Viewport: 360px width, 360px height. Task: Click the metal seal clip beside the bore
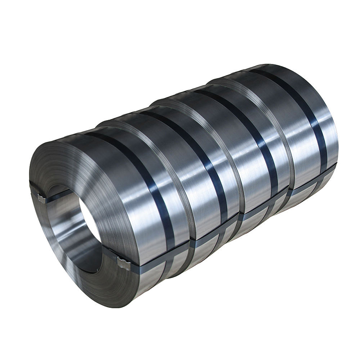click(41, 198)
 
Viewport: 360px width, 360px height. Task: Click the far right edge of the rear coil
click(337, 135)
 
